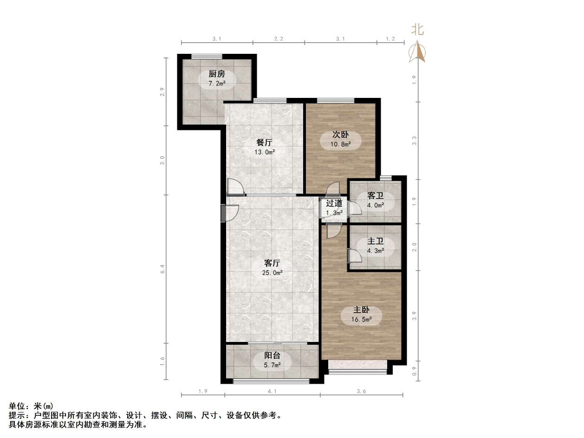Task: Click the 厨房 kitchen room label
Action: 216,74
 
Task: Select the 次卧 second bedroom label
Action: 340,135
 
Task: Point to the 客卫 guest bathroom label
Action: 375,196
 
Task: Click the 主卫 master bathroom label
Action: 376,241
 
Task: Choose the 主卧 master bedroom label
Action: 362,310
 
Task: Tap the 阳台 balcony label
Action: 272,356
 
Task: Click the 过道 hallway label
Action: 334,203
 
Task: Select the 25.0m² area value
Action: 273,273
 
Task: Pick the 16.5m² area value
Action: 362,319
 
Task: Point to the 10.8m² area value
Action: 340,144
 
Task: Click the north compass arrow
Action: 417,52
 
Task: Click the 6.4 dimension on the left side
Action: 162,269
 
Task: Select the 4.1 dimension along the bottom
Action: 272,391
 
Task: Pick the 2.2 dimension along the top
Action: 279,39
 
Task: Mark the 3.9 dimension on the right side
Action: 414,315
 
